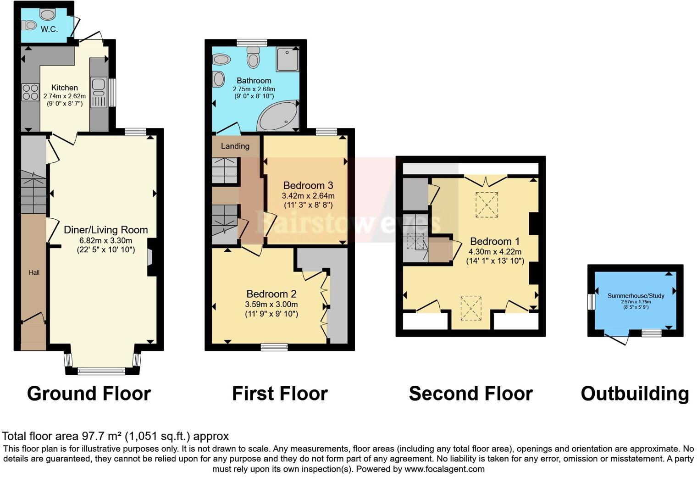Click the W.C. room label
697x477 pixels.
coord(49,29)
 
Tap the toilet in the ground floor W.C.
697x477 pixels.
coord(29,25)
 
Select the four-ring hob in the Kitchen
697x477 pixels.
coord(30,92)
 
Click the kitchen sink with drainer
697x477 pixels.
coord(99,92)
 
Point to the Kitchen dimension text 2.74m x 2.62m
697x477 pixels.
coord(64,96)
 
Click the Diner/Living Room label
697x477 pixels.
coord(106,230)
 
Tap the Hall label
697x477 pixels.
coord(34,272)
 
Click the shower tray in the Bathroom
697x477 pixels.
coord(288,59)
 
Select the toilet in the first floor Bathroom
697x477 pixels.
coord(253,57)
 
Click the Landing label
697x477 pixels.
coord(235,146)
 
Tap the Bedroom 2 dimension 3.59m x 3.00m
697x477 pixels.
coord(271,304)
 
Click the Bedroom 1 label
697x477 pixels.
coord(495,241)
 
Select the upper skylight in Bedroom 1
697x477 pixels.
coord(487,205)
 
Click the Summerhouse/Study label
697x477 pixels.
coord(636,295)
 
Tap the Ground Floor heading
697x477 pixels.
coord(89,394)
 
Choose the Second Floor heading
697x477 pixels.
coord(471,394)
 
